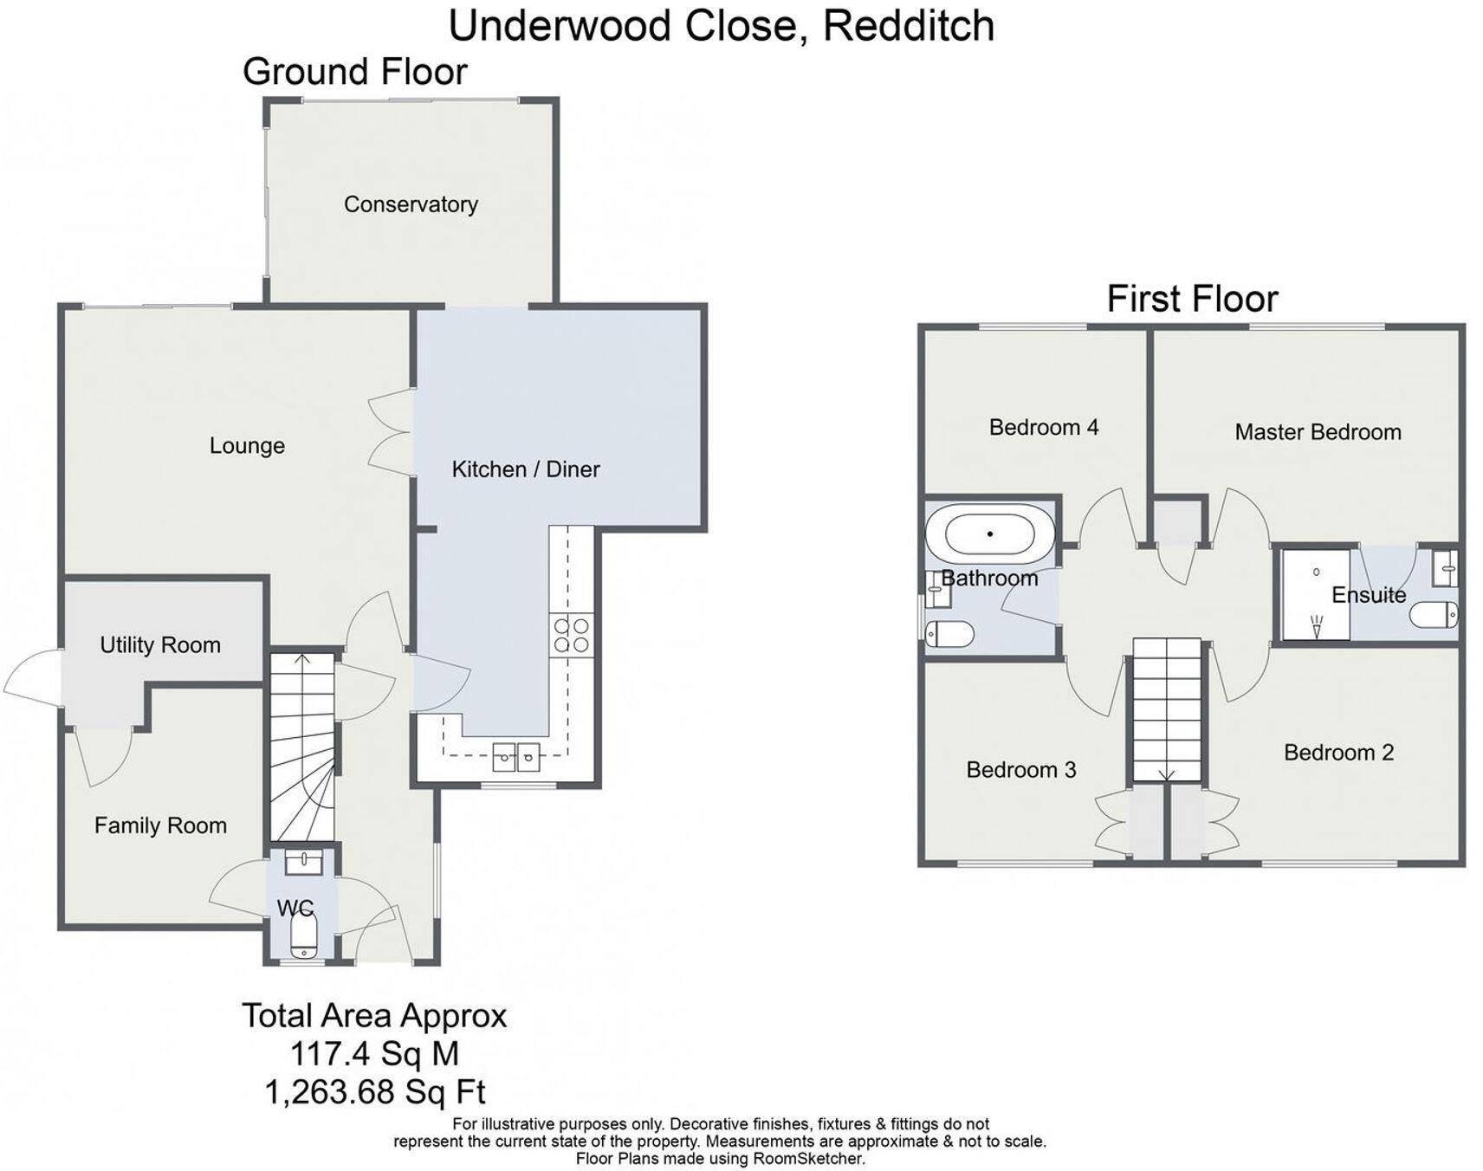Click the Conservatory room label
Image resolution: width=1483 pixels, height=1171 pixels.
(411, 204)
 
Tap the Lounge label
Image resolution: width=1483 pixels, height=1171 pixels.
(247, 446)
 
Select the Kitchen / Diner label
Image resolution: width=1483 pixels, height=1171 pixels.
(525, 469)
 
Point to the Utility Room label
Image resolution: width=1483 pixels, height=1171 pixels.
(160, 645)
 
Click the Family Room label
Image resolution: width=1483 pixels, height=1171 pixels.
(160, 826)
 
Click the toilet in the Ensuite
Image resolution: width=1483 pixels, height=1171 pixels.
(1434, 616)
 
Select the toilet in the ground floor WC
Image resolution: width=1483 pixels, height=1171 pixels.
(302, 937)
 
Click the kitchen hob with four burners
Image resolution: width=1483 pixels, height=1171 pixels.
(571, 635)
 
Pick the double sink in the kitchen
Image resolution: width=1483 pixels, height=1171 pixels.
(515, 757)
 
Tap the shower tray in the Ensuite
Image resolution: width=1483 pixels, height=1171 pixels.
(1315, 594)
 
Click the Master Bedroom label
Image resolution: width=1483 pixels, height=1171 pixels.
(1318, 432)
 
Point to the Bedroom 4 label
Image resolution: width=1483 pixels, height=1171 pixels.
(1043, 427)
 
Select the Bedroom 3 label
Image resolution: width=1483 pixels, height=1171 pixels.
(1020, 770)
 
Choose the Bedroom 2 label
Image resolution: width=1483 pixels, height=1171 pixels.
(1338, 753)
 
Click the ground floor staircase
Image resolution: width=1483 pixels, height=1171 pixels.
(301, 745)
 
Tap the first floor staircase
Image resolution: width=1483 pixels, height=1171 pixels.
(1166, 710)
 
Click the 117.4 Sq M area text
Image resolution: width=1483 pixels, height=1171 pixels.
(374, 1055)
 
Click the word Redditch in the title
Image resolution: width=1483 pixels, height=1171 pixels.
(908, 25)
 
